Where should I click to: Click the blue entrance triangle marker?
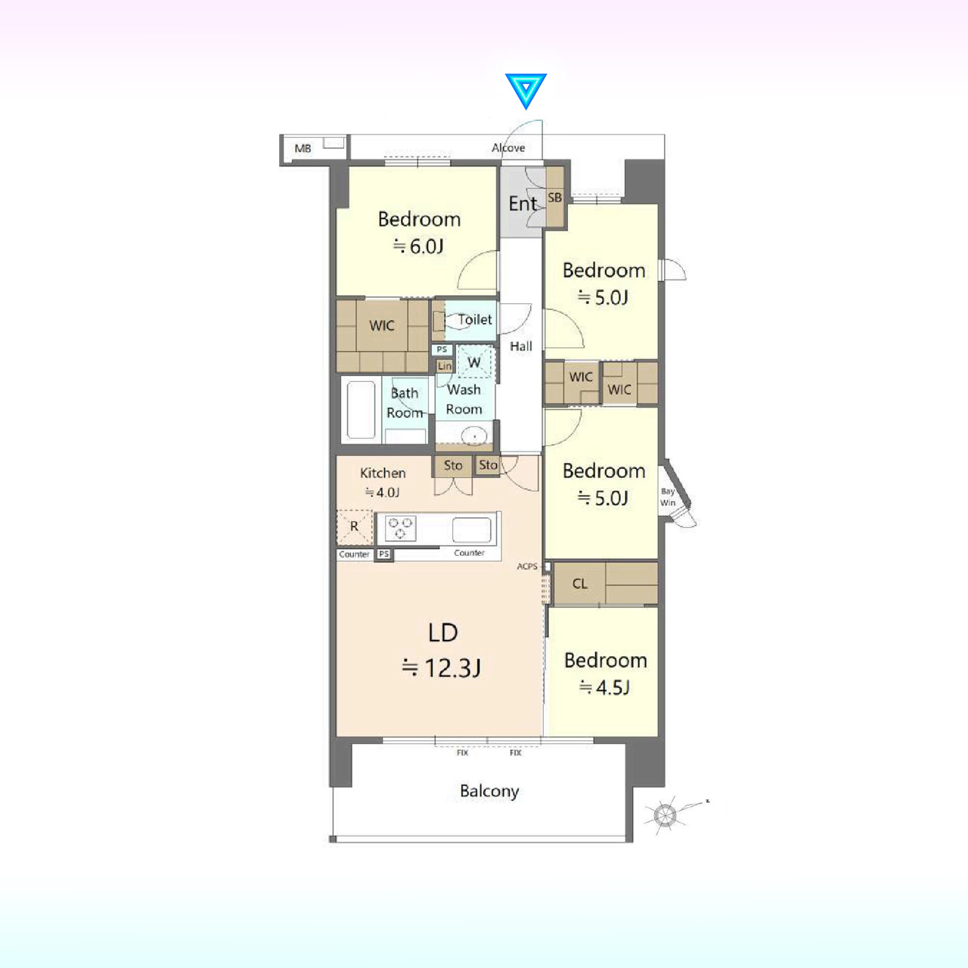pos(526,89)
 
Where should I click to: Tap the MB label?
pos(303,148)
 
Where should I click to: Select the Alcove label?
pos(508,147)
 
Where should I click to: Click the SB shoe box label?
pos(554,197)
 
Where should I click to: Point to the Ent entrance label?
pos(523,203)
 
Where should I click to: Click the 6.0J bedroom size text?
pos(419,246)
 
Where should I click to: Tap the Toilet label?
pos(475,319)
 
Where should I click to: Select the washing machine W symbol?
pos(474,362)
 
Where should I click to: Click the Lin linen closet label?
pos(445,366)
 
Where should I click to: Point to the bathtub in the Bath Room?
pos(361,410)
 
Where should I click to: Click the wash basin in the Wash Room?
pos(473,436)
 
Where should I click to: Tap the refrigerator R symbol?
pos(354,526)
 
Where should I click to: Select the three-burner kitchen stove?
pos(400,528)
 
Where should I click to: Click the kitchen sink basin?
pos(471,530)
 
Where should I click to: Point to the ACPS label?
pos(527,566)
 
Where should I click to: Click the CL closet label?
pos(580,584)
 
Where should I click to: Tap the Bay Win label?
pos(668,497)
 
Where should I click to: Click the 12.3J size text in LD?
pos(442,668)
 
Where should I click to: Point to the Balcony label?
pos(489,791)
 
